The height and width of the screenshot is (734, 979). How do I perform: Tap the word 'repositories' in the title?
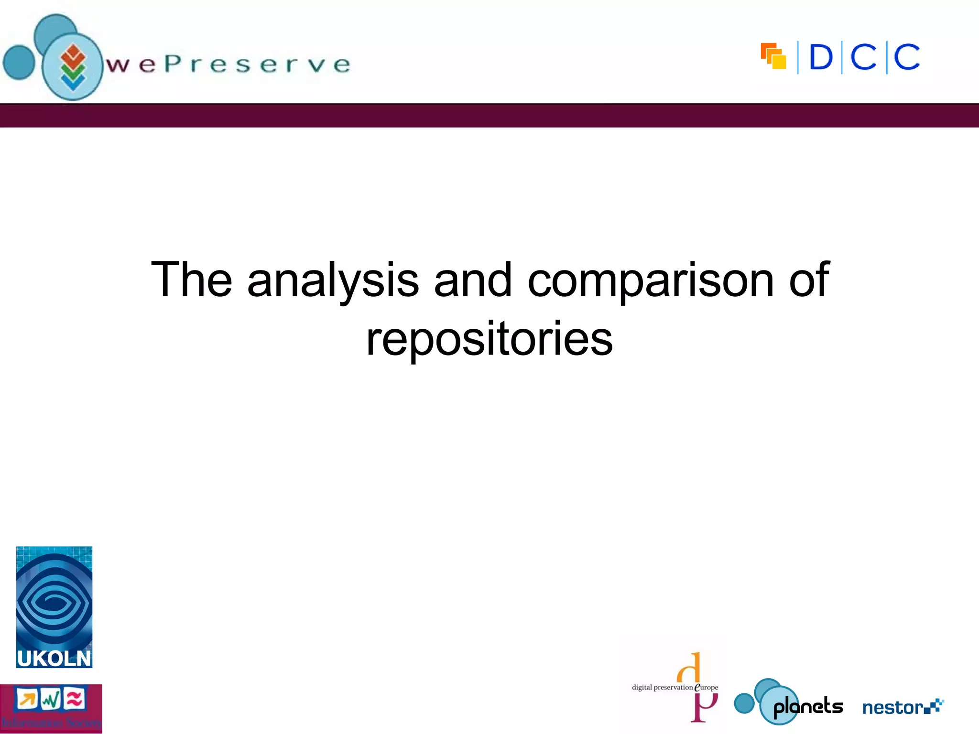[x=489, y=338]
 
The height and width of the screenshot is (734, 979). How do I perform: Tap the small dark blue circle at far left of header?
[x=19, y=62]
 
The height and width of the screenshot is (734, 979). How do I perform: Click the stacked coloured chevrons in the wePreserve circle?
[x=73, y=67]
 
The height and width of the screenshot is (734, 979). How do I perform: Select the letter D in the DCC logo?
[x=821, y=57]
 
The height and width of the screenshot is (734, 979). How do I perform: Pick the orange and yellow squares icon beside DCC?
[x=773, y=56]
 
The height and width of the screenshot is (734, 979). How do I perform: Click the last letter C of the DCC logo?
[x=906, y=57]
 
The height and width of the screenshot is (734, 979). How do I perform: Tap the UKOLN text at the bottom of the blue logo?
[x=54, y=658]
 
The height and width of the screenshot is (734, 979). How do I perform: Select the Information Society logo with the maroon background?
[x=51, y=709]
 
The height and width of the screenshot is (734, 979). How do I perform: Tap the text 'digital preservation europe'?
[x=674, y=688]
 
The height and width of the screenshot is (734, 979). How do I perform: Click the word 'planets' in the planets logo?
[x=808, y=707]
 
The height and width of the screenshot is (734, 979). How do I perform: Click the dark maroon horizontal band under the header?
[x=489, y=116]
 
